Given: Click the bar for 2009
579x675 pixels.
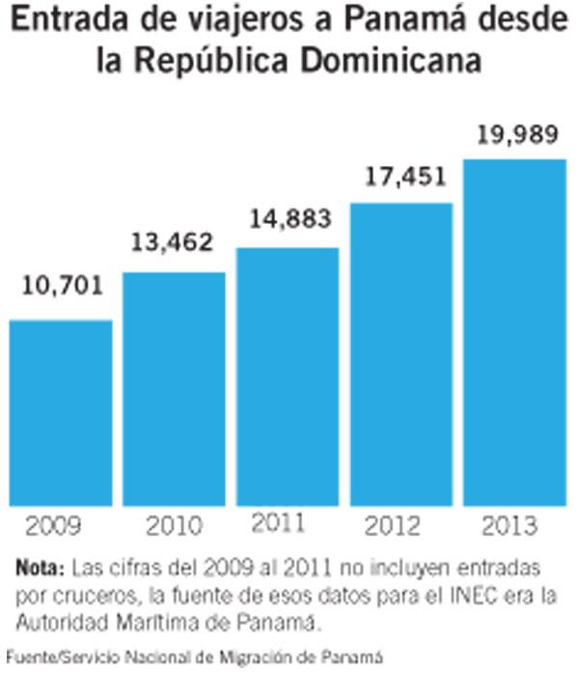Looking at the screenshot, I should [60, 412].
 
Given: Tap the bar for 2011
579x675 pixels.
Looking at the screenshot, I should [288, 377].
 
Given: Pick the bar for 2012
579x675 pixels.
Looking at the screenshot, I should [401, 354].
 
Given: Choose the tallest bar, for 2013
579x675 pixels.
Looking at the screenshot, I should [514, 331].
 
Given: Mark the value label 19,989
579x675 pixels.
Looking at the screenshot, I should [514, 136].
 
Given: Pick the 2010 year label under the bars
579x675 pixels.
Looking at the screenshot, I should [175, 527].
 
